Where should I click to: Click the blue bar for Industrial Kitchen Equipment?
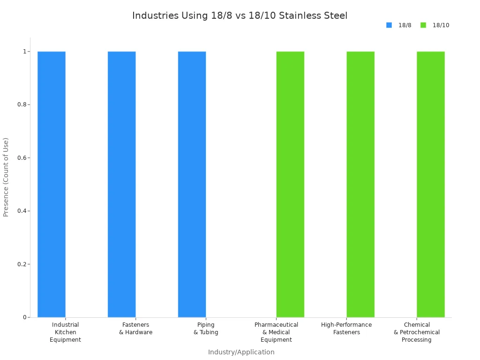tap(52, 184)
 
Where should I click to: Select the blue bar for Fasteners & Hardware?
tap(122, 184)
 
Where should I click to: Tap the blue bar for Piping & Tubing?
tap(192, 184)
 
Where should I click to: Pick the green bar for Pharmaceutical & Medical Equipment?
tap(290, 184)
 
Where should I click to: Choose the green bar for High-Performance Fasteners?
tap(360, 184)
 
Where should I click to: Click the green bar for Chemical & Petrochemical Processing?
tap(430, 184)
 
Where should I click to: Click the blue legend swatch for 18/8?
tap(389, 25)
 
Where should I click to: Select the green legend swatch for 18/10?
tap(423, 25)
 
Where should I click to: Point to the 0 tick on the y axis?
tap(25, 317)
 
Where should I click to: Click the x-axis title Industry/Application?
tap(241, 352)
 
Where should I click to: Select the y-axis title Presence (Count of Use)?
tap(6, 177)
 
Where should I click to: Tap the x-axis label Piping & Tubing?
tap(206, 329)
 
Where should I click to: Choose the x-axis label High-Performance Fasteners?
tap(346, 329)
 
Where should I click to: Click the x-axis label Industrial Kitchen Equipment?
tap(65, 332)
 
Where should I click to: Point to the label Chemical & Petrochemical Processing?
tap(416, 332)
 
